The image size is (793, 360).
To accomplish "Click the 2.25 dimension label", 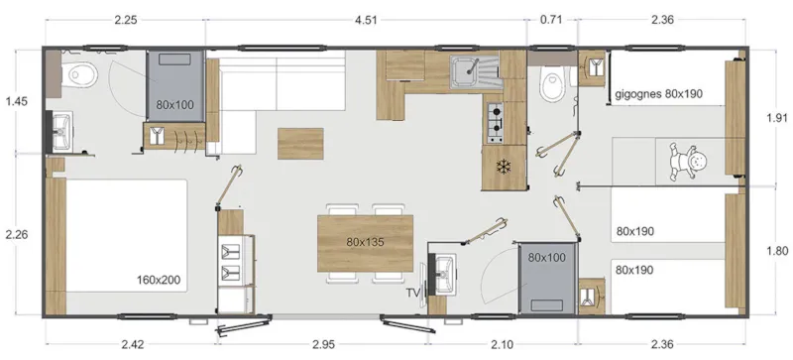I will (x=125, y=17).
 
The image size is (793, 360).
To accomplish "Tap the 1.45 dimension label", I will (x=17, y=101).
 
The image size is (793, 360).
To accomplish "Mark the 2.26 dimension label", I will (x=17, y=235).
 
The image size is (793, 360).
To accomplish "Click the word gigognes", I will (x=637, y=94).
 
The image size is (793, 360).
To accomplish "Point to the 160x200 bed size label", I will (x=159, y=281).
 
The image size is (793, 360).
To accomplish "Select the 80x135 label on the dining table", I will (x=365, y=241).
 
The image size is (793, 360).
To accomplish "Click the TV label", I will (x=413, y=293).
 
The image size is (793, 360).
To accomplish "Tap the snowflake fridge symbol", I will (x=503, y=165).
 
